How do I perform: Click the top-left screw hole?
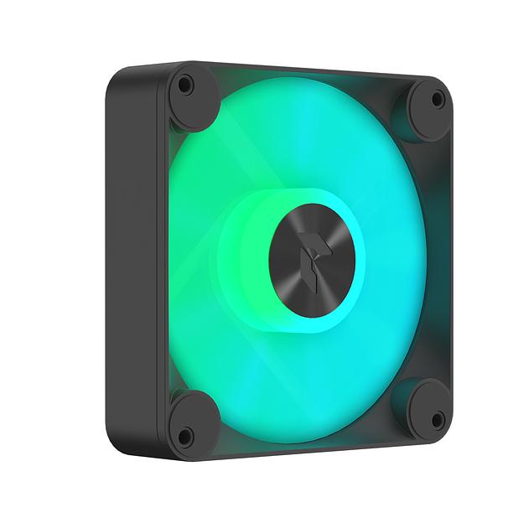(x=185, y=85)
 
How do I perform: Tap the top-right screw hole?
(x=437, y=99)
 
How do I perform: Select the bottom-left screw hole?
(x=185, y=435)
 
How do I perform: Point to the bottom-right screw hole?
(x=436, y=419)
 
